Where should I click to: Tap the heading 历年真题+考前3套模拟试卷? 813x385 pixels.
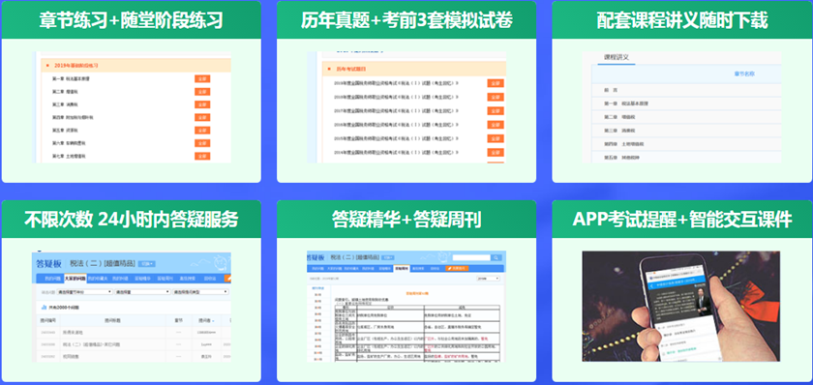(x=406, y=19)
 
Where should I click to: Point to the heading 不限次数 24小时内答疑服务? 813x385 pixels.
(x=132, y=218)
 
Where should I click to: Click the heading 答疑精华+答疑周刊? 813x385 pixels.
(x=406, y=218)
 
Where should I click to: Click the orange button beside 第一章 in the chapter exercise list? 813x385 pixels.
(x=202, y=77)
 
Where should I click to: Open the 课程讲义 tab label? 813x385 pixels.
(x=616, y=57)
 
